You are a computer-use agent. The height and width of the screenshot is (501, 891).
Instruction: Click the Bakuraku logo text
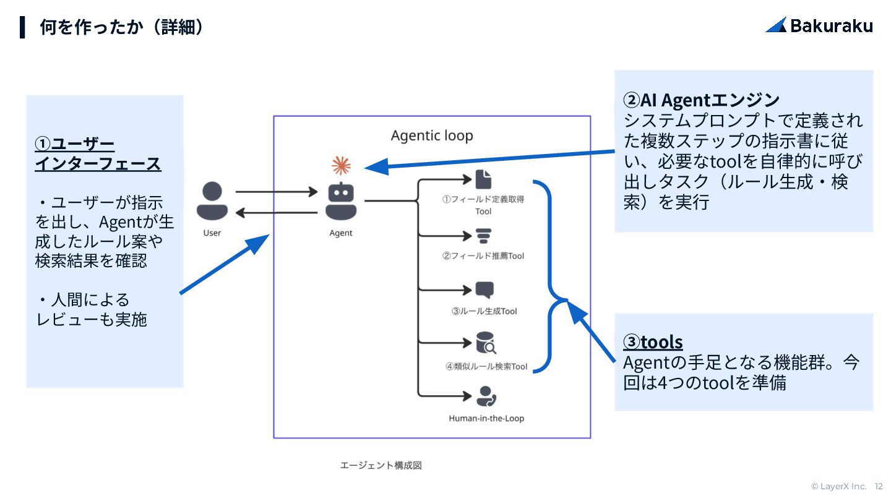tap(832, 26)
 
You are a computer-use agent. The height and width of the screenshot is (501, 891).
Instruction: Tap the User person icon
tap(212, 201)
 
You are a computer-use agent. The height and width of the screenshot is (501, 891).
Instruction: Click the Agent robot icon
tap(341, 201)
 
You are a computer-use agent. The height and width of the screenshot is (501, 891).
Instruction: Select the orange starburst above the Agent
tap(341, 165)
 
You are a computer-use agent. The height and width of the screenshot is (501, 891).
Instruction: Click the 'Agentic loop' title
tap(432, 135)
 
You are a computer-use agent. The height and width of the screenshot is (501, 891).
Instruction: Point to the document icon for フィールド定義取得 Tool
tap(483, 179)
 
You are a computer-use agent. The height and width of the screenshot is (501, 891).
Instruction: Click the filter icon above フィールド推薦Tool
tap(484, 236)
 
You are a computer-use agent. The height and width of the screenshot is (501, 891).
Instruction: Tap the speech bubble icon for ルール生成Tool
tap(484, 290)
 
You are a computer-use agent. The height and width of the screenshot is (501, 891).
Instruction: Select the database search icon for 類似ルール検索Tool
tap(486, 343)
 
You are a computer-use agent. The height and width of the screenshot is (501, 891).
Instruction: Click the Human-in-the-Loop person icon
tap(486, 396)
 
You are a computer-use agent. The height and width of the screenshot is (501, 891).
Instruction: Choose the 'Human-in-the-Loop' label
tap(486, 418)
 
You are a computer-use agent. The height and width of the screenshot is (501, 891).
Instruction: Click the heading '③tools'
tap(653, 342)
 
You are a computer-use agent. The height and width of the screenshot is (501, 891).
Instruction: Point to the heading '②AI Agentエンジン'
tap(701, 100)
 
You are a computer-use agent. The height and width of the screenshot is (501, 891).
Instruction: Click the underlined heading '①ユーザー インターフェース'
tap(98, 154)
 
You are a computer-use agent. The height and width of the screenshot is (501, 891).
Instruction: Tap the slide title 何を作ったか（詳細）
tap(121, 27)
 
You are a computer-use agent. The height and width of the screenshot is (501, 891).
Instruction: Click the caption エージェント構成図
tap(381, 465)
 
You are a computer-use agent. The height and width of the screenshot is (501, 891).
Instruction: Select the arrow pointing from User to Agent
tap(277, 192)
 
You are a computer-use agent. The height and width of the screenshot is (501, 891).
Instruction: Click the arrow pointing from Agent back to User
tap(277, 213)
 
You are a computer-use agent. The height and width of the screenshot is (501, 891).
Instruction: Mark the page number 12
tap(878, 486)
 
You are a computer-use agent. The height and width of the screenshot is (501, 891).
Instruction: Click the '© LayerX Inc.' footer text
tap(839, 486)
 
